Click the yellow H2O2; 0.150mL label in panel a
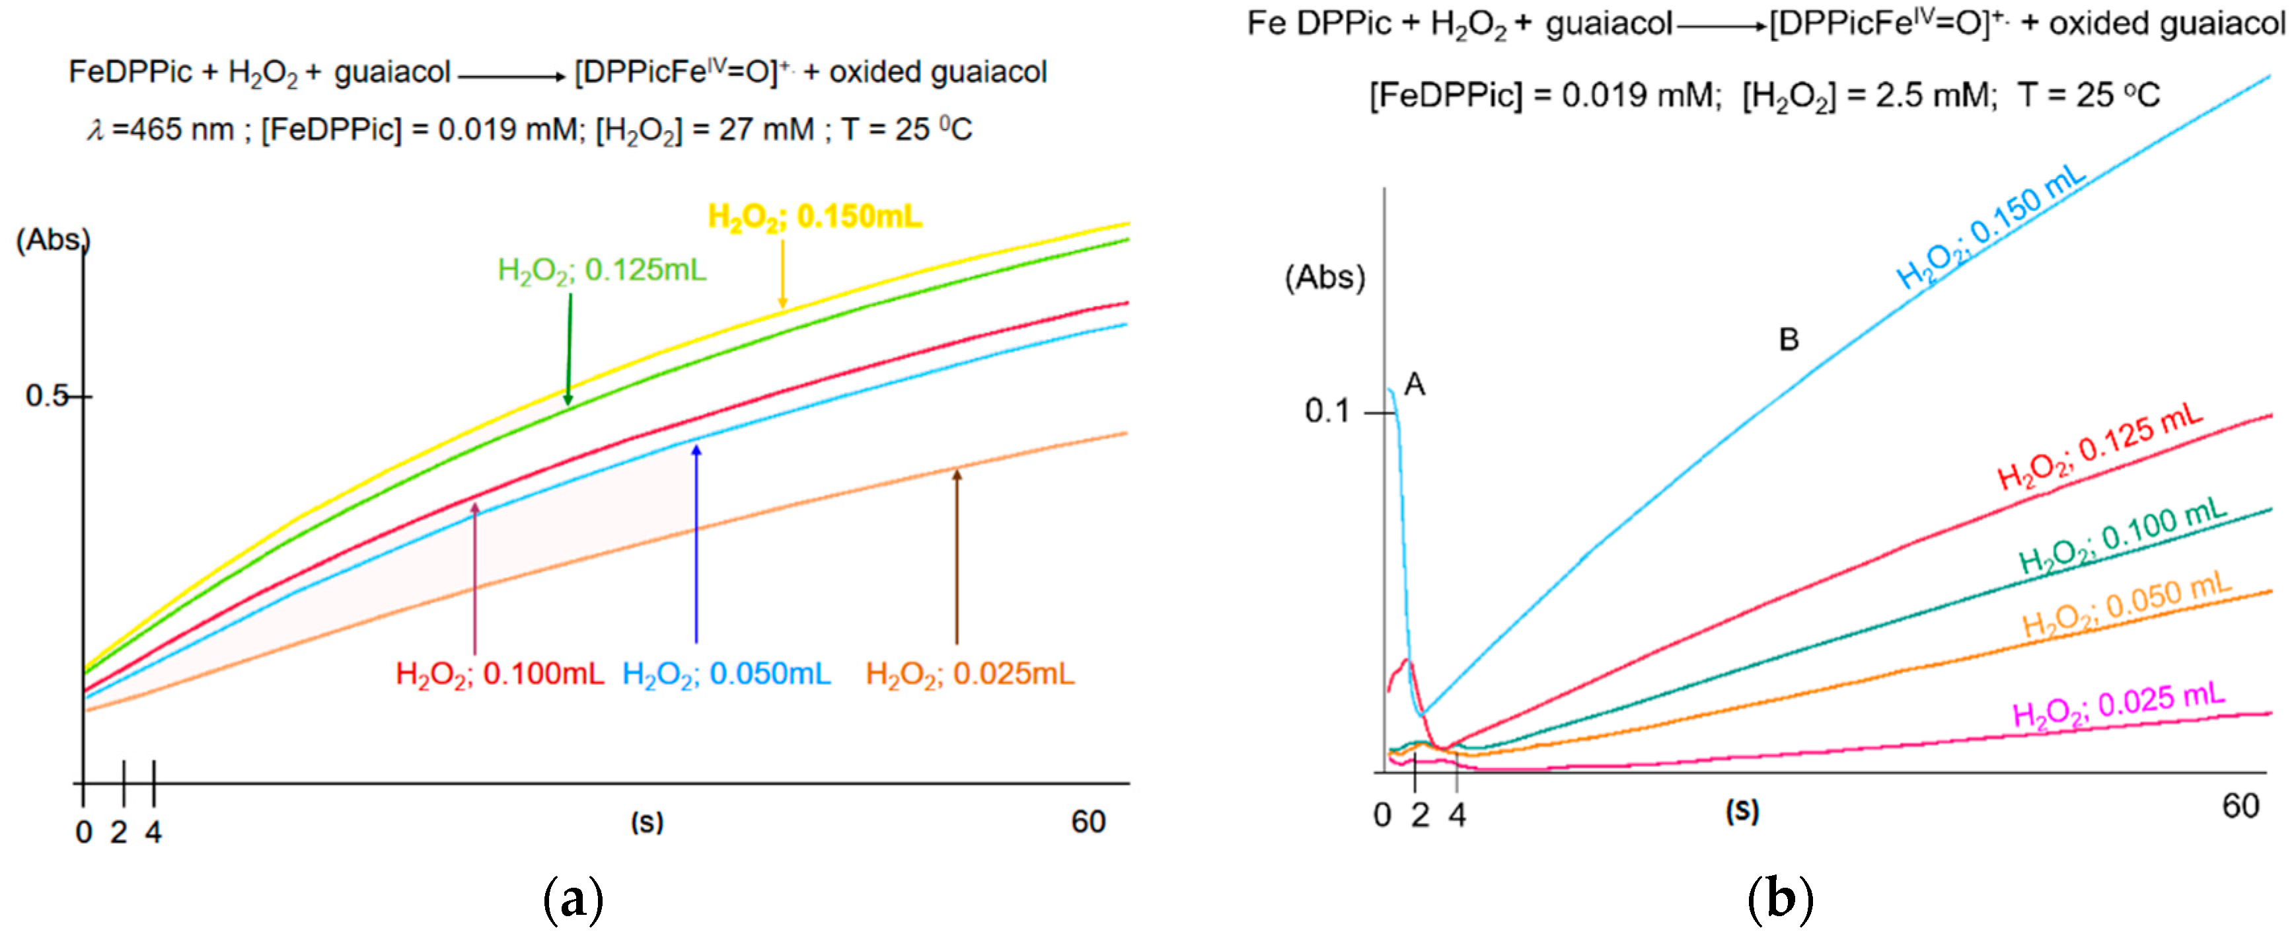tap(814, 217)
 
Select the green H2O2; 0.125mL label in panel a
tap(602, 269)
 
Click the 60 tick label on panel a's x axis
tap(1088, 822)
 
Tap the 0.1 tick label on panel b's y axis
tap(1327, 411)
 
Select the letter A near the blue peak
tap(1415, 385)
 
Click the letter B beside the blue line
tap(1788, 340)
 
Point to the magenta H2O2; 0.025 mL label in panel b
tap(2119, 705)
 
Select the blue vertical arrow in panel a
tap(696, 544)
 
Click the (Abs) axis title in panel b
tap(1325, 278)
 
